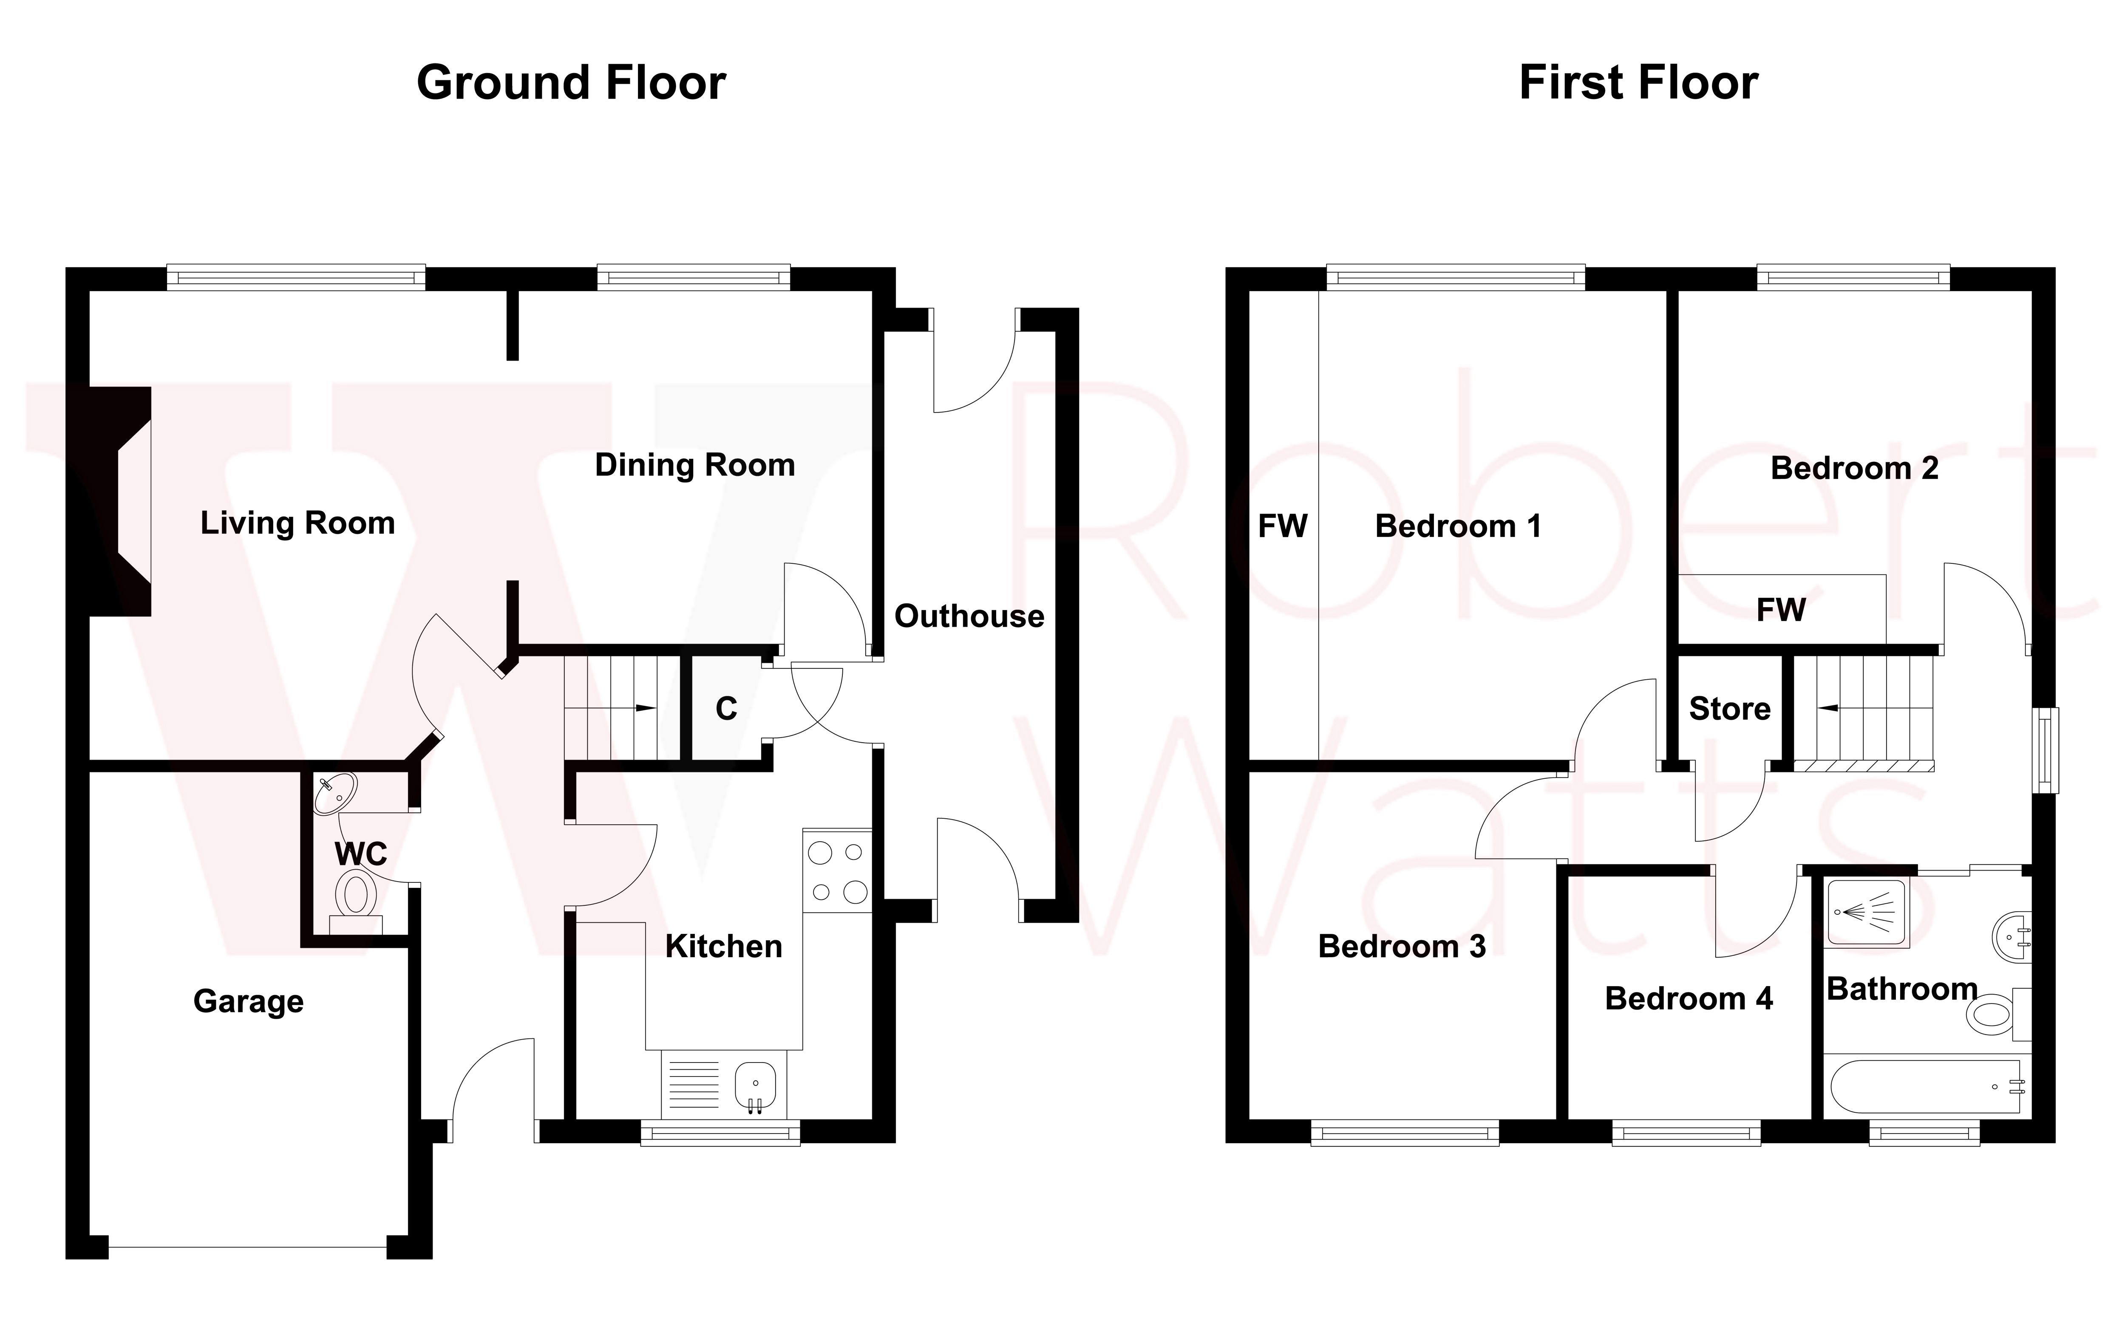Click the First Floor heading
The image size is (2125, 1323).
click(x=1638, y=83)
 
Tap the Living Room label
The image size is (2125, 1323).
click(x=297, y=523)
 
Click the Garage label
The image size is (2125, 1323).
click(x=249, y=1001)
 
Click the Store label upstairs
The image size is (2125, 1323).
click(x=1729, y=709)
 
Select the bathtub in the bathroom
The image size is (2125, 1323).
click(x=1925, y=1087)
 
